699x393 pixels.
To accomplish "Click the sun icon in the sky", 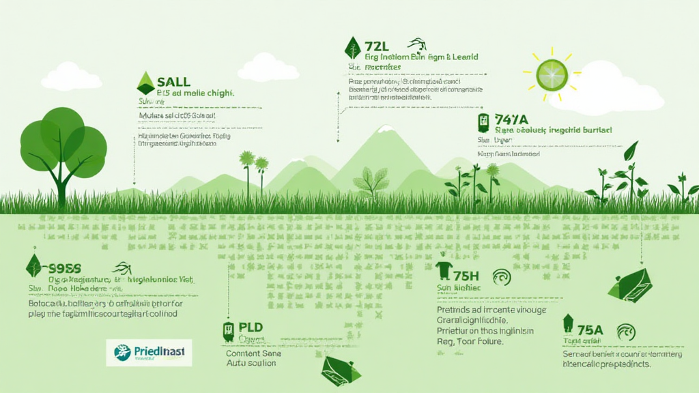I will coord(552,74).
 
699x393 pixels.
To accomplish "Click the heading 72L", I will coord(376,46).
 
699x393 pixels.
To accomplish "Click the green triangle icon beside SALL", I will coord(145,83).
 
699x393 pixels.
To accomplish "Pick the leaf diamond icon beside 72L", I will coord(353,48).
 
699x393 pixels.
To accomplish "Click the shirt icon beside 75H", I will coord(444,271).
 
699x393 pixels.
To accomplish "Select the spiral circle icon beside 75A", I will coord(626,332).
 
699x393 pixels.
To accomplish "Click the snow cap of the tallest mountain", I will coord(385,128).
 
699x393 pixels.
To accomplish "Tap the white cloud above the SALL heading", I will coord(71,76).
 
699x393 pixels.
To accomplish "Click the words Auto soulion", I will coord(251,364).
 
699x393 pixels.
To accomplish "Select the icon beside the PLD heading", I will coord(228,331).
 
